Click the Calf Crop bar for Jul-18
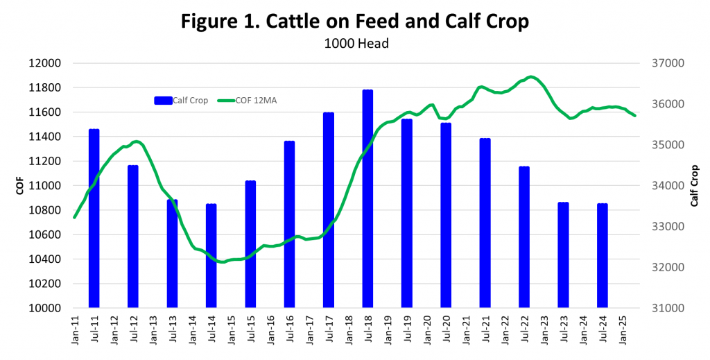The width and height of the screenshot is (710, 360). click(367, 201)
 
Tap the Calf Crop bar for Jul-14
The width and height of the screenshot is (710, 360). click(211, 257)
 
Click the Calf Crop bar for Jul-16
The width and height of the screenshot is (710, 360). click(289, 225)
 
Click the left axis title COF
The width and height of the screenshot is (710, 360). click(20, 185)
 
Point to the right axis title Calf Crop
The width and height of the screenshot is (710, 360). click(694, 185)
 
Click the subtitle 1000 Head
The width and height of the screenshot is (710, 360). click(354, 42)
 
